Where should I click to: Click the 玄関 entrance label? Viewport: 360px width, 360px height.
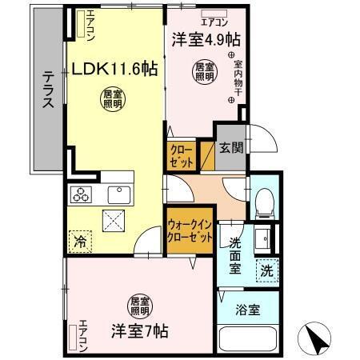pos(231,148)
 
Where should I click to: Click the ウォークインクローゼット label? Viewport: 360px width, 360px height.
pos(190,233)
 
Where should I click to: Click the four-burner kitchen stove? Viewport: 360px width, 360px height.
pos(82,194)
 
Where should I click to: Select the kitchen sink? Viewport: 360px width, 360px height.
pos(120,194)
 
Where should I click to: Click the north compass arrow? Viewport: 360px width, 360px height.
pos(318,338)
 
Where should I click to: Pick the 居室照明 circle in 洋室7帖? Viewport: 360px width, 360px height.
pos(139,306)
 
